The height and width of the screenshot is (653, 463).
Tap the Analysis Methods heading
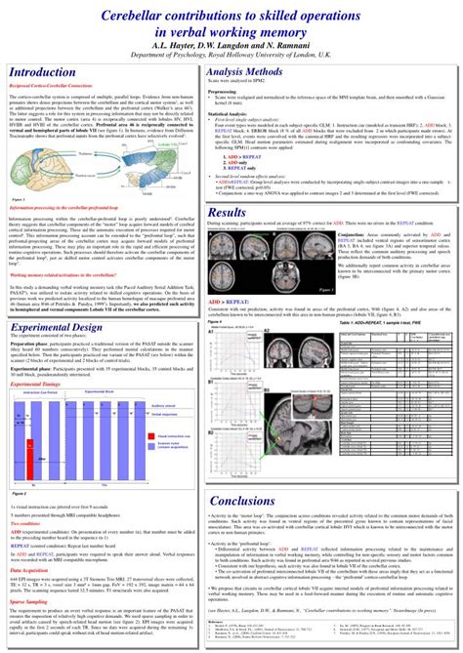pos(258,72)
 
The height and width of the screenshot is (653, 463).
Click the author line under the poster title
pos(231,45)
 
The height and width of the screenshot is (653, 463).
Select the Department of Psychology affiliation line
pos(231,55)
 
